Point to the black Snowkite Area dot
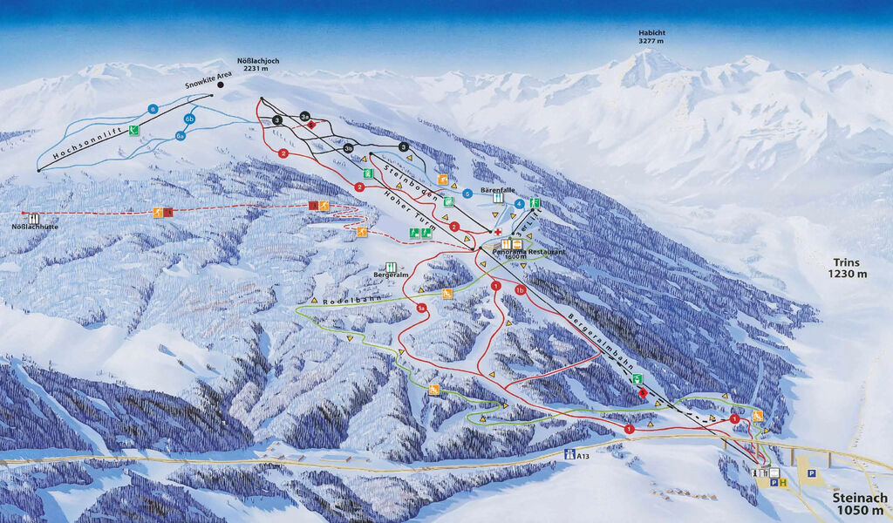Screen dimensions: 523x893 [221, 85]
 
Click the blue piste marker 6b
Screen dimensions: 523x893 [189, 119]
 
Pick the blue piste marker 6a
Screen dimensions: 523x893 [181, 135]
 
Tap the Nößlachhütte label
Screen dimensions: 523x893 [34, 228]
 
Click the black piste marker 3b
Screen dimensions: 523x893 [349, 149]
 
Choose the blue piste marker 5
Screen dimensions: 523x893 [467, 194]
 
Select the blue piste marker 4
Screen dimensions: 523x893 [520, 204]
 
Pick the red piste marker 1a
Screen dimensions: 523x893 [421, 308]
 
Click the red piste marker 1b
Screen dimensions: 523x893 [520, 290]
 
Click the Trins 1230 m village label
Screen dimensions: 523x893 [848, 268]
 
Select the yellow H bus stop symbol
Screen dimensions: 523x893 [783, 482]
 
